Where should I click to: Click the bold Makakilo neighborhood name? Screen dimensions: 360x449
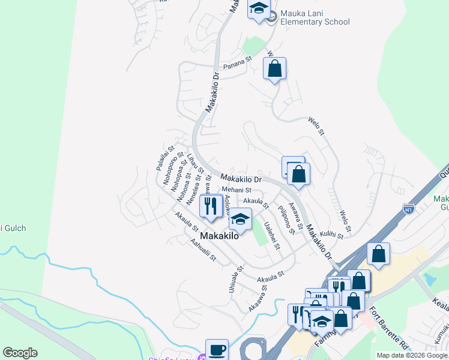[219, 236]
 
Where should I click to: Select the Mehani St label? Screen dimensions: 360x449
[236, 190]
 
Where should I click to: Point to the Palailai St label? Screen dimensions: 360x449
[165, 158]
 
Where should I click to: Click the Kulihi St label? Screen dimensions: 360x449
[331, 235]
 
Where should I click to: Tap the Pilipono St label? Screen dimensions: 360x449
[285, 219]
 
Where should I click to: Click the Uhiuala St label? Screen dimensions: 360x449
[235, 279]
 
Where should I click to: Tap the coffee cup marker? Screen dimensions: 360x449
[217, 349]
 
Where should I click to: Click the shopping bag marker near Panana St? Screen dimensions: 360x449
[274, 68]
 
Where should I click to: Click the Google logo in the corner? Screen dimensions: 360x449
[20, 353]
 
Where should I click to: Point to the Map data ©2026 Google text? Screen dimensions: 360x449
[412, 355]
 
